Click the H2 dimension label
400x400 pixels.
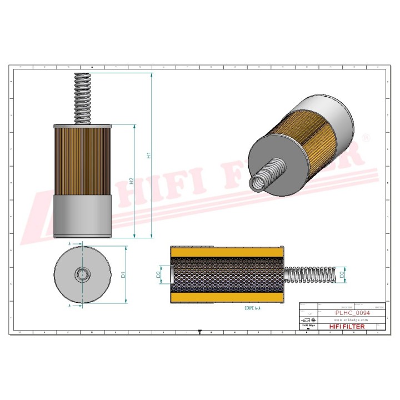132,181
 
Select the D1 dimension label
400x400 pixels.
124,273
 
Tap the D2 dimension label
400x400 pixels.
342,274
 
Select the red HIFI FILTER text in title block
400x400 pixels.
347,327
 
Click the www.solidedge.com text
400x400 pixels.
351,320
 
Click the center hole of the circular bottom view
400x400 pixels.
82,274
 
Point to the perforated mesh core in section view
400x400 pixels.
228,274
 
